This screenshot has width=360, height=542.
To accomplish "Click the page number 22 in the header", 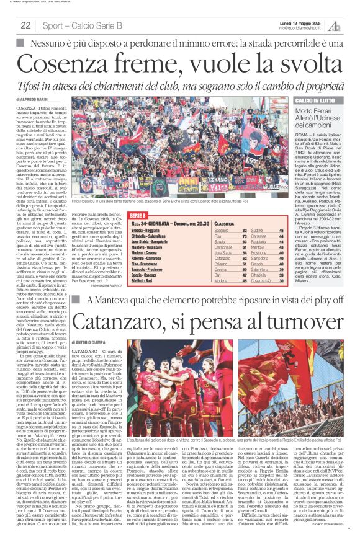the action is click(25, 25).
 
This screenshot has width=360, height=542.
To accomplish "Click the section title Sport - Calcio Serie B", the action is click(82, 25).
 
